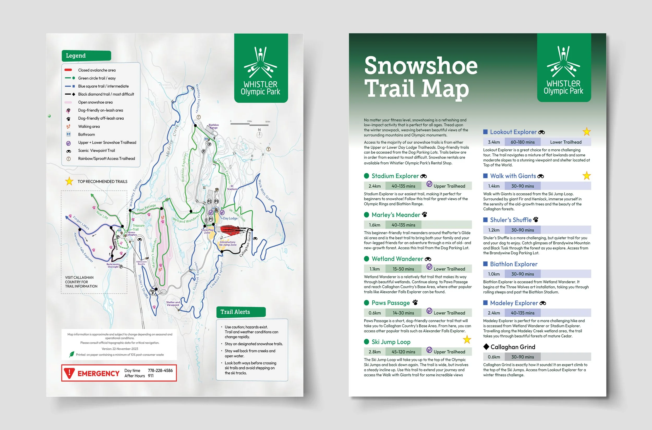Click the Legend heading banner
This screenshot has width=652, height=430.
click(x=86, y=56)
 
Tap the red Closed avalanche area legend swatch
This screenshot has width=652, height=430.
click(x=68, y=70)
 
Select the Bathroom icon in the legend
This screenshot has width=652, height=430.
click(x=69, y=134)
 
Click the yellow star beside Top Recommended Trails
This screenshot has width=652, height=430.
click(x=69, y=181)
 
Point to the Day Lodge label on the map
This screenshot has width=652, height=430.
click(x=230, y=218)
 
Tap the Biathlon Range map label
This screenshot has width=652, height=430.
click(x=214, y=126)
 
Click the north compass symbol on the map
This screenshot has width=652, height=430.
click(x=259, y=134)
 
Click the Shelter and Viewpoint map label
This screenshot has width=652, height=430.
click(x=173, y=303)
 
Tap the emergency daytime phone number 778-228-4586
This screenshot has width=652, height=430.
click(x=160, y=371)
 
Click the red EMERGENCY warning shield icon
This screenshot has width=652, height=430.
click(x=69, y=373)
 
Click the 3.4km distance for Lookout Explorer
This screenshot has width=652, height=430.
click(x=494, y=142)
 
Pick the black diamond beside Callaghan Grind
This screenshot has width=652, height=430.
click(x=486, y=347)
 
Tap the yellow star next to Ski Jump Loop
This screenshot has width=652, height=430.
click(x=467, y=340)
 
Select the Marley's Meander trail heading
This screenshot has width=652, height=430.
click(x=396, y=215)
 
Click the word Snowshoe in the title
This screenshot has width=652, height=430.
click(x=421, y=66)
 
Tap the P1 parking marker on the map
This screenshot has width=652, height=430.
click(x=211, y=219)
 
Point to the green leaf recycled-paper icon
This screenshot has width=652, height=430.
click(x=72, y=354)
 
